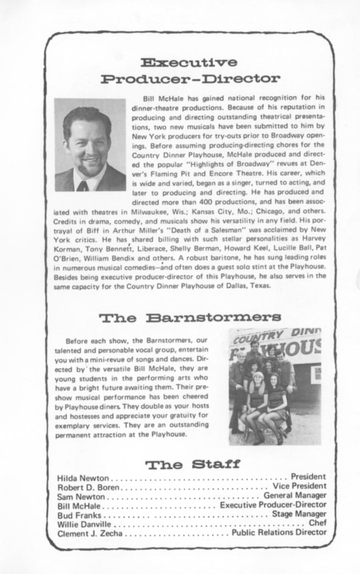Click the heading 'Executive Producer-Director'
[190, 70]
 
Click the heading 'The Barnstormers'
[190, 318]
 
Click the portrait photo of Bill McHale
[90, 144]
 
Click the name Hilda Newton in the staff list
[83, 477]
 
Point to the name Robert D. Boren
[88, 486]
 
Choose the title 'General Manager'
[295, 495]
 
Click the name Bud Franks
[79, 514]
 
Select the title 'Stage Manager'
[299, 514]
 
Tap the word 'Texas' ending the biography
[260, 287]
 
